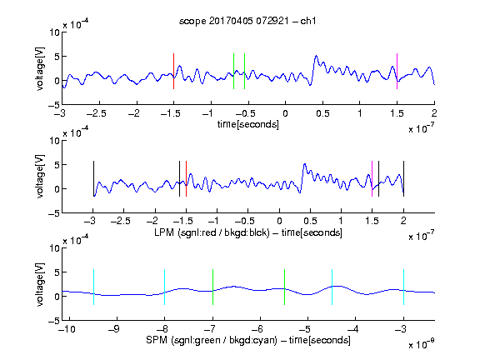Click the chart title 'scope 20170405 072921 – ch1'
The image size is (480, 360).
point(247,21)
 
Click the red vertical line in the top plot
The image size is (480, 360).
point(173,72)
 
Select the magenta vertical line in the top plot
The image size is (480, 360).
point(397,72)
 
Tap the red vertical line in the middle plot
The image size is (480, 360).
point(186,179)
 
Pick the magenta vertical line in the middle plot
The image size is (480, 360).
point(372,179)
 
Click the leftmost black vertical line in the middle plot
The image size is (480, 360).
point(93,179)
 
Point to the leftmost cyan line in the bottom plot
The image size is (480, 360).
point(93,287)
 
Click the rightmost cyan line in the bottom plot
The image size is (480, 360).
point(404,287)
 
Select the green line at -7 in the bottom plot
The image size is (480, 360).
point(212,287)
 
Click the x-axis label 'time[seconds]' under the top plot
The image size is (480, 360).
point(248,125)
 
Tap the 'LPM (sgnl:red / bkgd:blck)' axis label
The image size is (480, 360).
point(212,232)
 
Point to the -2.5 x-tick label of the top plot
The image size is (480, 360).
point(97,113)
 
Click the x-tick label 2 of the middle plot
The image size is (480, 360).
point(403,220)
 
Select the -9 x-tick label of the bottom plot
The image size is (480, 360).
point(114,329)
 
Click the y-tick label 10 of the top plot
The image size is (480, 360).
point(55,32)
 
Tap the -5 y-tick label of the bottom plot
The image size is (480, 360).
point(54,321)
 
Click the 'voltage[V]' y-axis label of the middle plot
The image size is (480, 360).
point(40,177)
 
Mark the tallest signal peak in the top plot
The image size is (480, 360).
point(316,56)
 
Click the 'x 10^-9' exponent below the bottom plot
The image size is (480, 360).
point(422,344)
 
